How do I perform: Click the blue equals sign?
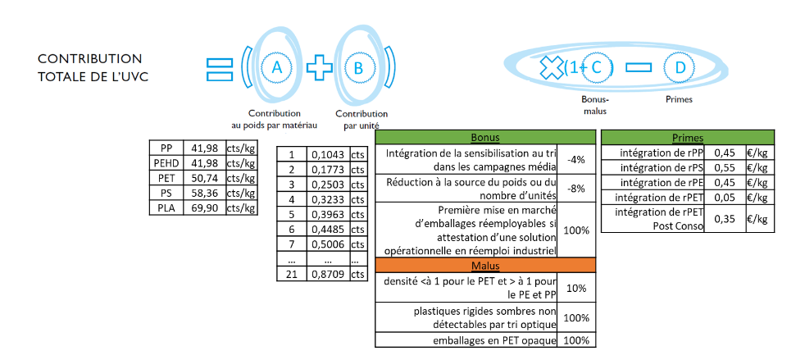[x=221, y=68]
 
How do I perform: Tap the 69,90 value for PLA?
[x=203, y=207]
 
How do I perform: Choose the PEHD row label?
[x=166, y=162]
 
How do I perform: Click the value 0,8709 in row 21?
[x=327, y=274]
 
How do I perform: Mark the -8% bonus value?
[x=576, y=188]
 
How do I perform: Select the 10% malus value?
[x=576, y=288]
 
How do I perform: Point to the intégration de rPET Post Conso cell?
[x=655, y=218]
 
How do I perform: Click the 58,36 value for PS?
[x=203, y=193]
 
